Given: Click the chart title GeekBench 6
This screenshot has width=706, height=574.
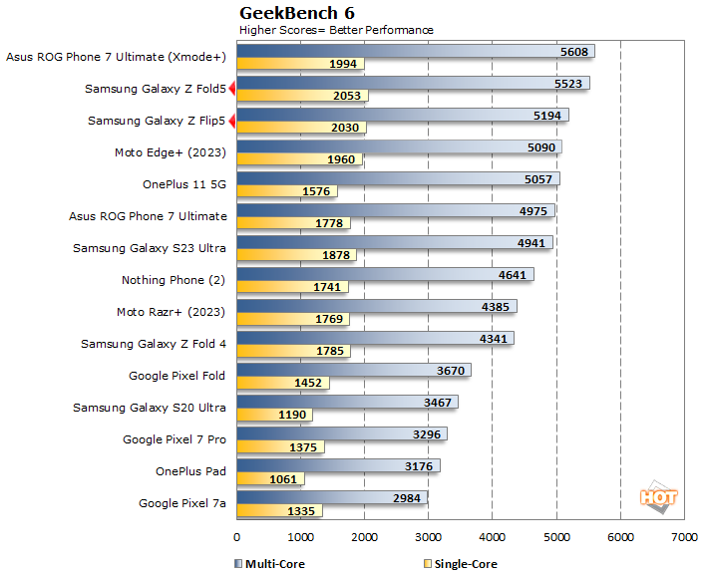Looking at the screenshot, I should point(297,13).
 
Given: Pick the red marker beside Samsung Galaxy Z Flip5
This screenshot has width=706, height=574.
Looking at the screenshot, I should point(231,122).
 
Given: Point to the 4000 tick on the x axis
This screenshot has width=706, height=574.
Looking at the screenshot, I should point(493,538).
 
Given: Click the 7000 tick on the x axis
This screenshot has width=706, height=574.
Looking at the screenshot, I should point(684,538).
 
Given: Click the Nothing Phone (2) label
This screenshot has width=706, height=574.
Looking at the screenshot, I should point(174,280).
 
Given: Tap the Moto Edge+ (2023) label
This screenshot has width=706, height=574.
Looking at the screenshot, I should point(171,152).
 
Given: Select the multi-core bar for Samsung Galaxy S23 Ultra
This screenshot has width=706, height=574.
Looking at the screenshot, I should point(394,242).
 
